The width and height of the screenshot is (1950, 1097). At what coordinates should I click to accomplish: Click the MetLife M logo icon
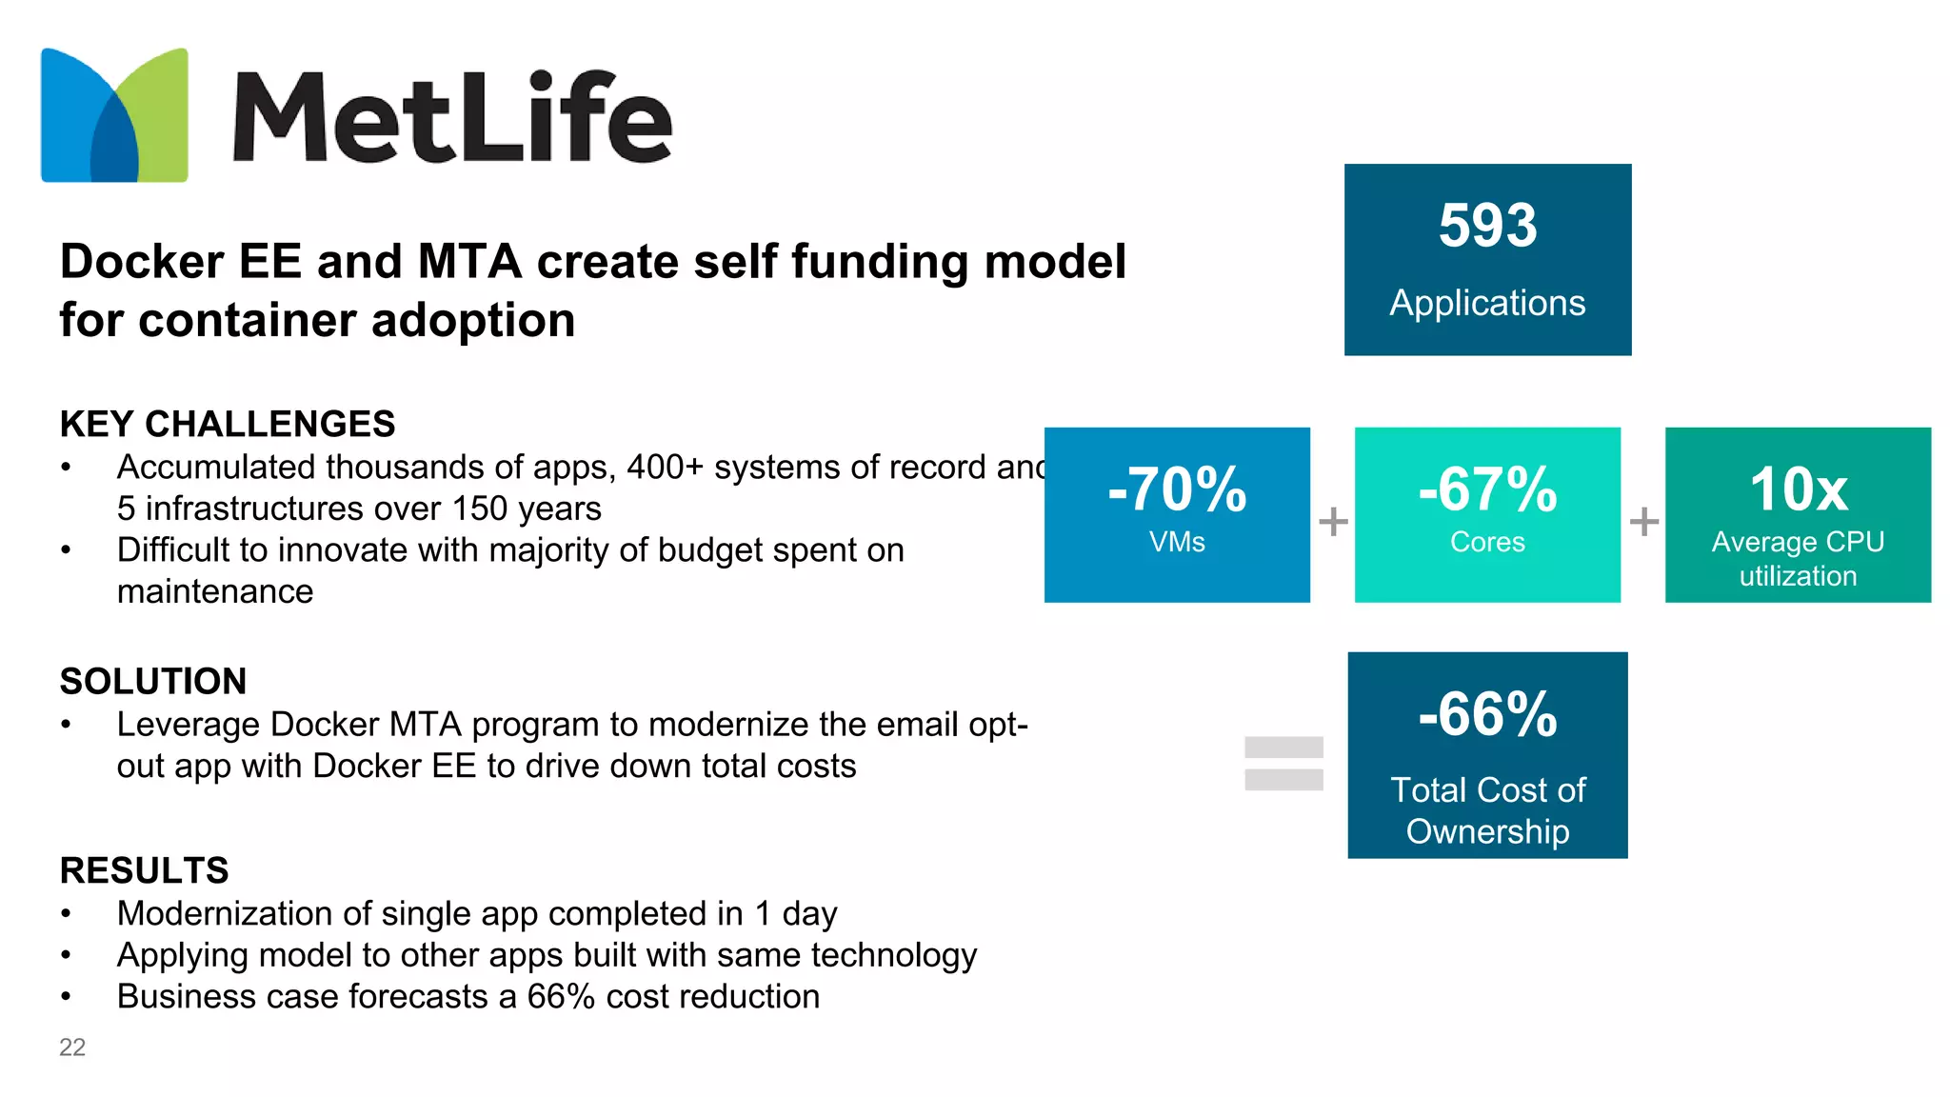[x=114, y=115]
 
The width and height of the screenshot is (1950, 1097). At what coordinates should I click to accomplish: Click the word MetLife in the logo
[x=453, y=117]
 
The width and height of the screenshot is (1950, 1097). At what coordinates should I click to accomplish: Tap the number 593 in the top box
[x=1487, y=227]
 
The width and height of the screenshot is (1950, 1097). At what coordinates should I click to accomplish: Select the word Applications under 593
[x=1487, y=303]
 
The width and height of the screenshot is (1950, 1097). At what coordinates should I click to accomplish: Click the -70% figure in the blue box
[x=1177, y=489]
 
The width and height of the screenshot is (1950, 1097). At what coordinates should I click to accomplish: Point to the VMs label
[x=1177, y=542]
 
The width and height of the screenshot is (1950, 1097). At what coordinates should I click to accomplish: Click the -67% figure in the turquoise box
[x=1487, y=489]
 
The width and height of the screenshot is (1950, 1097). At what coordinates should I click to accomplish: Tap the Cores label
[x=1487, y=542]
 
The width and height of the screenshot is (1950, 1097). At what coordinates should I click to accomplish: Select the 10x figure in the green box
[x=1798, y=489]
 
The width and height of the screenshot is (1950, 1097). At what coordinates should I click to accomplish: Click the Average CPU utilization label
[x=1798, y=559]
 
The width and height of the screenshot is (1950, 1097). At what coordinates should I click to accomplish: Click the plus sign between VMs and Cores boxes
[x=1333, y=521]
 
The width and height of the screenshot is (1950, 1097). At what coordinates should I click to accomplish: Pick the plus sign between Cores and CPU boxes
[x=1643, y=521]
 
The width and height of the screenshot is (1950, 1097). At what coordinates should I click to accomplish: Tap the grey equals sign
[x=1283, y=763]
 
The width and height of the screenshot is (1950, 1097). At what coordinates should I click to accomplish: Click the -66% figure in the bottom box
[x=1487, y=714]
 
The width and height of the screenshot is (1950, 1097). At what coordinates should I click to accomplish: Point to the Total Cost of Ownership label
[x=1487, y=810]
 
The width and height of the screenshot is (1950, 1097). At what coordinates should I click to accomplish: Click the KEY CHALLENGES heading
[x=227, y=424]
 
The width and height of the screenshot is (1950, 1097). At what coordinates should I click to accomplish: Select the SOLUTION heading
[x=152, y=681]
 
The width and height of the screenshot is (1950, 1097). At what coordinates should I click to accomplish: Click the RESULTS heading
[x=144, y=870]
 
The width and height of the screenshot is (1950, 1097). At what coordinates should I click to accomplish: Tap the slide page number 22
[x=72, y=1047]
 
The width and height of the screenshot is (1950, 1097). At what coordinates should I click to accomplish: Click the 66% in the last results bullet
[x=561, y=997]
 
